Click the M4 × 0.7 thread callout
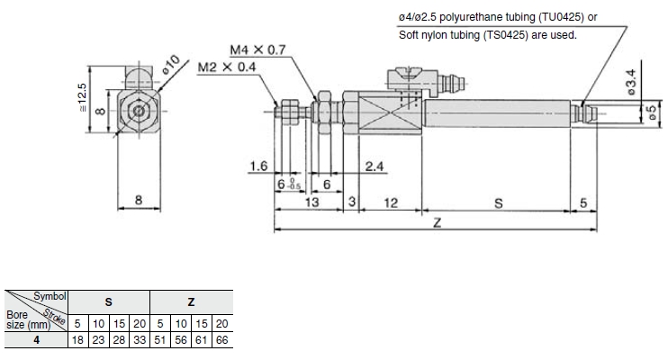(257, 50)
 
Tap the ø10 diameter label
(172, 65)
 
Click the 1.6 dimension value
(259, 166)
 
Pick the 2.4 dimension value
(377, 166)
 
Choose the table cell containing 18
(78, 339)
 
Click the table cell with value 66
(222, 339)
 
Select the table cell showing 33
(140, 339)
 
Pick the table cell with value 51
(160, 339)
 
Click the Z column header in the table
(191, 302)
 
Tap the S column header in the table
(109, 302)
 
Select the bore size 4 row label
(35, 339)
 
